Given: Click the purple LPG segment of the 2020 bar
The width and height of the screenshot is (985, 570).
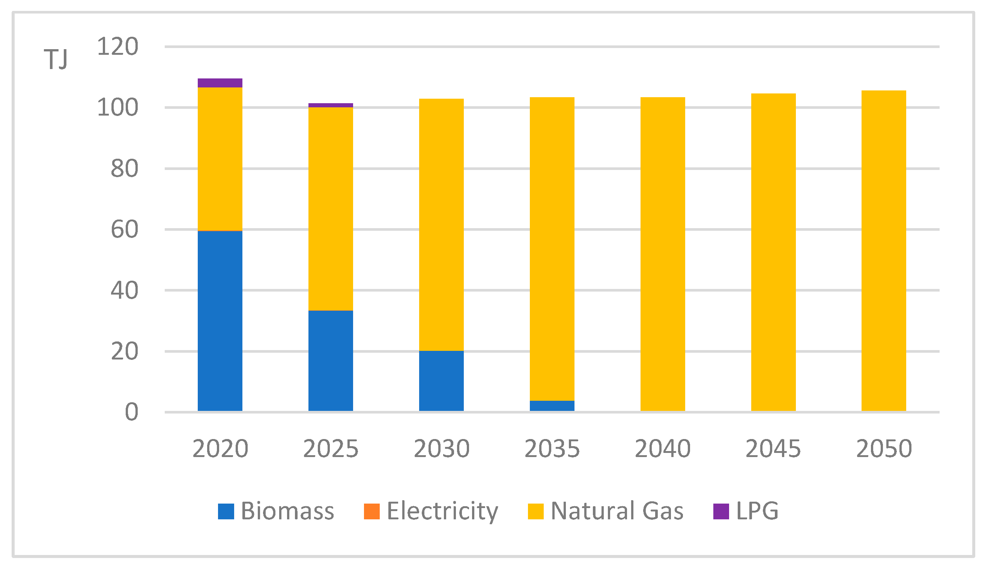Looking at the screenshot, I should [220, 83].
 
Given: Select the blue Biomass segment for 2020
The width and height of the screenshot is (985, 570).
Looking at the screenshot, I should [220, 320].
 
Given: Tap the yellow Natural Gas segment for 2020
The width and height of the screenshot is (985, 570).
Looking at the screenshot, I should [220, 159].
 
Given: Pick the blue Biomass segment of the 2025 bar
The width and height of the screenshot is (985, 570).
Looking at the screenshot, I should [331, 361].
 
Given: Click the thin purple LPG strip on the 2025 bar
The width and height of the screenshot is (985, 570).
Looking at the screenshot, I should [331, 105].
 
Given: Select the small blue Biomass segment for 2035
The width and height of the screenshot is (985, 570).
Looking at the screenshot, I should [552, 405].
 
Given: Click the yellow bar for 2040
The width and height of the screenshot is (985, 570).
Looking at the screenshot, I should [663, 254].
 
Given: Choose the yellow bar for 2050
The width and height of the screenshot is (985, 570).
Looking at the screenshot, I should [884, 250].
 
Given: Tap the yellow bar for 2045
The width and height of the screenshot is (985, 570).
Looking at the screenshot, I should [773, 252].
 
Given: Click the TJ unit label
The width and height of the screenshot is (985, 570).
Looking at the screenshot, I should [56, 59].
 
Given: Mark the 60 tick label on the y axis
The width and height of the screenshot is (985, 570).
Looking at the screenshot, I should [124, 230].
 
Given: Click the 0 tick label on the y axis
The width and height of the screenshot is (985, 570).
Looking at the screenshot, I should [132, 412].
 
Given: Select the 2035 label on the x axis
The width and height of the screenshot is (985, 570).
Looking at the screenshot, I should [552, 448].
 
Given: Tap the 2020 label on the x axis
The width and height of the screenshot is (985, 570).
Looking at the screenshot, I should [220, 448].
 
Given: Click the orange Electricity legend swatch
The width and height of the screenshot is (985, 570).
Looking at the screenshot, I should [372, 511].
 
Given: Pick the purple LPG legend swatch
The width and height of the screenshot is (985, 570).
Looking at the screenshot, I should [721, 511].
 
